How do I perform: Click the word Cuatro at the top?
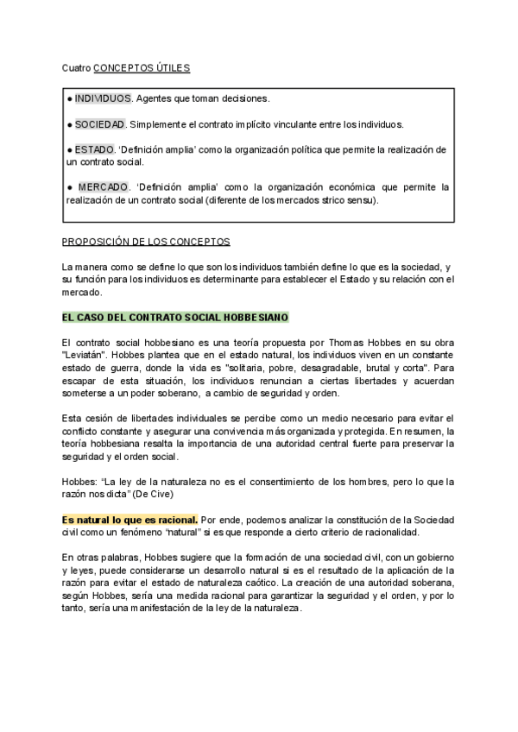coord(76,66)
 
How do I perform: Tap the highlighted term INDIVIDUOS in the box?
coord(103,98)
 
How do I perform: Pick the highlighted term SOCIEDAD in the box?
coord(100,124)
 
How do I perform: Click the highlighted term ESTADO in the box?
coord(94,149)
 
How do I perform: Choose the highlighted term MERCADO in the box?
coord(103,187)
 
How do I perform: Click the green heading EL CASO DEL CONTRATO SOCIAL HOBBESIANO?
coord(175,318)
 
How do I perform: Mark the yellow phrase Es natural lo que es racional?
coord(129,520)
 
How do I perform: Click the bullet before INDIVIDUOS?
coord(69,98)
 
